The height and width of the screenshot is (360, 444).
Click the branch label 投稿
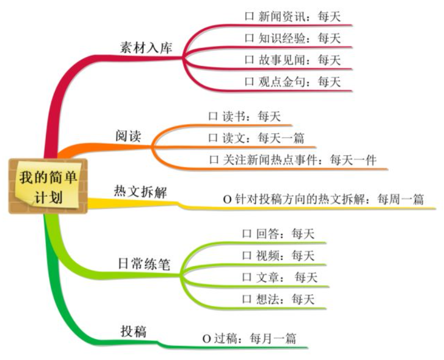(x=133, y=331)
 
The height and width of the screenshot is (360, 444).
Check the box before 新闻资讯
(x=249, y=17)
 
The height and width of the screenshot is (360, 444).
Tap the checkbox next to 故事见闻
(x=249, y=60)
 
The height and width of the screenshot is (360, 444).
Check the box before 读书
(x=213, y=117)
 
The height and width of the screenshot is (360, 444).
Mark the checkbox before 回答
(x=247, y=234)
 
